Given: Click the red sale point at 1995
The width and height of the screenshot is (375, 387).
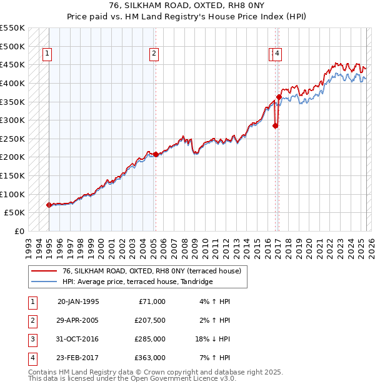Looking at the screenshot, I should coord(49,205).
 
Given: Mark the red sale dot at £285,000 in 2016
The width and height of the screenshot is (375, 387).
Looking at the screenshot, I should coord(275,125).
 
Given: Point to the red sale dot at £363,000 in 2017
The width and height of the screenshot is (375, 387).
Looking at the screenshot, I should coord(279,97).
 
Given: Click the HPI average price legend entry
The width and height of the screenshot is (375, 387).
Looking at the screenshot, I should coord(137,282).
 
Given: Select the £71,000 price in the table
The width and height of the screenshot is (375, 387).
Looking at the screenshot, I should coord(151,301).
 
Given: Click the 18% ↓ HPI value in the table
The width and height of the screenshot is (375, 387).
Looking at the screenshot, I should coord(212,339).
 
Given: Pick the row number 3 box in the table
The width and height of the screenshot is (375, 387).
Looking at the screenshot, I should coord(31,339).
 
